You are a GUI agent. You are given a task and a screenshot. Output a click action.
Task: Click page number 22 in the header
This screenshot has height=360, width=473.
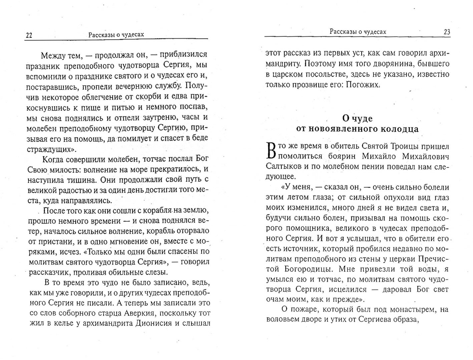click(x=29, y=35)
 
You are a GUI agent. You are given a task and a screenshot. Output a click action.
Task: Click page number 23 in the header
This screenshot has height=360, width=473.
click(x=447, y=32)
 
